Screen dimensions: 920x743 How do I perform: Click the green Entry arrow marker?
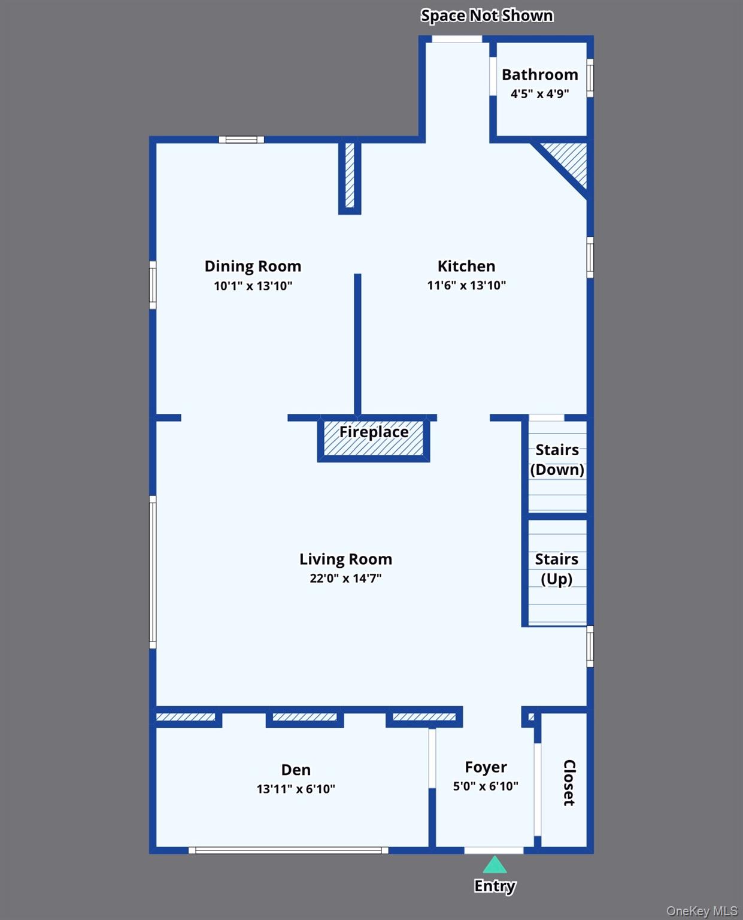[x=495, y=865]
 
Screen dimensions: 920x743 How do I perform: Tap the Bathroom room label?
[x=539, y=75]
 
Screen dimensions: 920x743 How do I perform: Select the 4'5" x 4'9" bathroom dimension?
[x=539, y=94]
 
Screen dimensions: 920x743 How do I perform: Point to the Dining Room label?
[x=253, y=267]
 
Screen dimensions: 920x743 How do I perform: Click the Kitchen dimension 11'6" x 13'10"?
[x=466, y=286]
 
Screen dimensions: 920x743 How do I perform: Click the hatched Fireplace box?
[x=374, y=439]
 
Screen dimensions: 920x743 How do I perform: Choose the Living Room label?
[x=345, y=559]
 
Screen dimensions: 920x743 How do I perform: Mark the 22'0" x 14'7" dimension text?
[x=345, y=579]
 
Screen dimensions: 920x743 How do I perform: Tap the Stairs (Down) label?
[x=557, y=459]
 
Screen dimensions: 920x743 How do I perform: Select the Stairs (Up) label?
[x=557, y=569]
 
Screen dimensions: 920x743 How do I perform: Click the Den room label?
[x=296, y=770]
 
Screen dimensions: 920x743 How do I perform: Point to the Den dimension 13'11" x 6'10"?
[x=296, y=789]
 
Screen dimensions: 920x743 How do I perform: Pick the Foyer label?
[x=486, y=767]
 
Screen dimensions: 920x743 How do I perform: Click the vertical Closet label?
[x=569, y=783]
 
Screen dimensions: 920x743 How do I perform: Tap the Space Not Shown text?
[x=487, y=16]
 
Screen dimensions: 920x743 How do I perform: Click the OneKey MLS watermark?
[x=702, y=911]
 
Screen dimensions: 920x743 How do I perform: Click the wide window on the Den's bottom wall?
[x=289, y=851]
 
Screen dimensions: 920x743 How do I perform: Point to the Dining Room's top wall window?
[x=241, y=140]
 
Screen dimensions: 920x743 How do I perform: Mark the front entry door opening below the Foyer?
[x=494, y=851]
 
